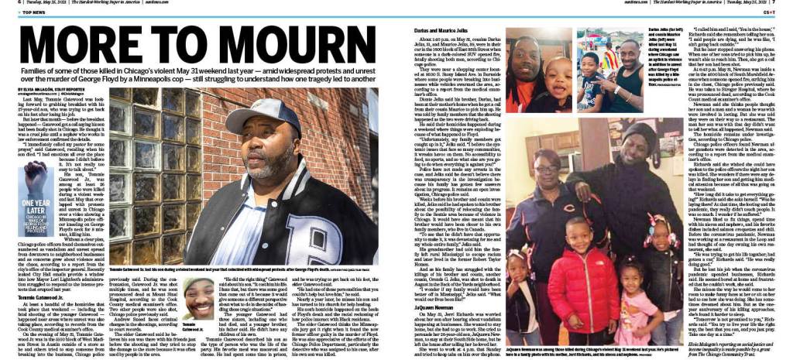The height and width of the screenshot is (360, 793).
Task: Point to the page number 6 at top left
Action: pos(5,3)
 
